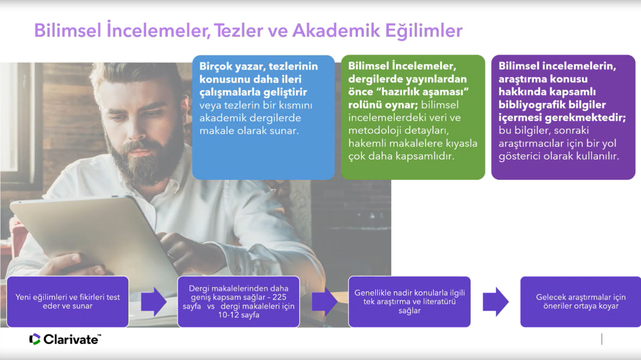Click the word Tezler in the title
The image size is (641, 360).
pyautogui.click(x=238, y=30)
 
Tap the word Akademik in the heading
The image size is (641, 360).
pyautogui.click(x=336, y=30)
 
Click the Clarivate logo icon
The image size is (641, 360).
pyautogui.click(x=35, y=339)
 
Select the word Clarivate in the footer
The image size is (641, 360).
pyautogui.click(x=71, y=339)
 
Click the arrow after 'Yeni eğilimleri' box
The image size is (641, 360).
pyautogui.click(x=154, y=302)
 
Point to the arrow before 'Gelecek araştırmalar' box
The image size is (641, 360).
pyautogui.click(x=496, y=302)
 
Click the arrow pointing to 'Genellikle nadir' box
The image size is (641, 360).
pyautogui.click(x=325, y=302)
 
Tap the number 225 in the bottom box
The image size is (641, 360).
pyautogui.click(x=279, y=297)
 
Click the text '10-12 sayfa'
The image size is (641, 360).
pyautogui.click(x=239, y=315)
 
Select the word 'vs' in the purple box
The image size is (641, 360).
pyautogui.click(x=211, y=306)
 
